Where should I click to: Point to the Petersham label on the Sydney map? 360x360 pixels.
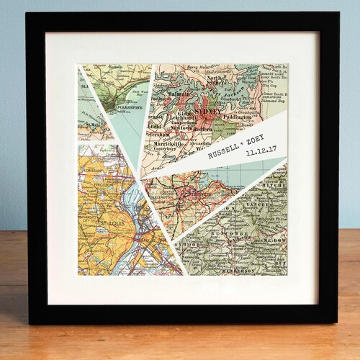159,133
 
